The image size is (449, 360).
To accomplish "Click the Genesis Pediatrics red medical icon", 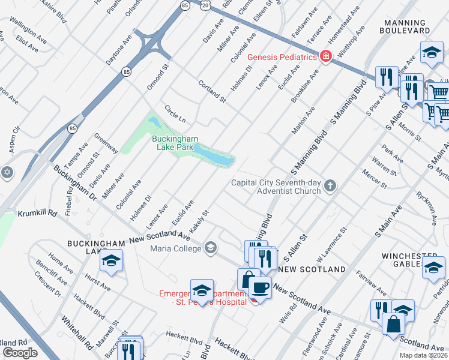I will [326, 57].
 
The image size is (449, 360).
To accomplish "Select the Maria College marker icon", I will [211, 248].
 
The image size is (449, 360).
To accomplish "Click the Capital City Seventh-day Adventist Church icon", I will [329, 186].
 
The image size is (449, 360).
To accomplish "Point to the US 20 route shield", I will [205, 5].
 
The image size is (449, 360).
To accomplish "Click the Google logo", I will [20, 352].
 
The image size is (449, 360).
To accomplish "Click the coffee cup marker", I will [259, 288].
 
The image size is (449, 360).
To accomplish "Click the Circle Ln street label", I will [175, 112].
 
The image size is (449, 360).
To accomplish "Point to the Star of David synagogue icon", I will [7, 172].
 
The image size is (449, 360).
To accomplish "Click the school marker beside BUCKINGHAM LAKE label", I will [112, 261].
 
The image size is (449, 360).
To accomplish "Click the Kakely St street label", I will [199, 221].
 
